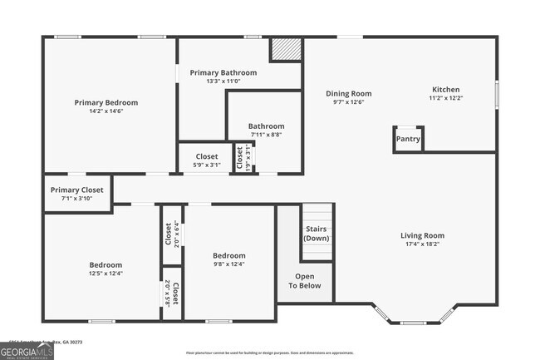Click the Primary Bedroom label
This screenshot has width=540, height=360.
click(106, 103)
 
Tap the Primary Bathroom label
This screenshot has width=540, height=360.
click(223, 72)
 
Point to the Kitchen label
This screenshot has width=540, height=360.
click(445, 90)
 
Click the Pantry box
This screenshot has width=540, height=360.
click(408, 140)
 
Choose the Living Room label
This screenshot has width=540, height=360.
click(422, 235)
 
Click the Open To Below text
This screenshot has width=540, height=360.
click(305, 281)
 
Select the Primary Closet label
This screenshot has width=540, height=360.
click(76, 190)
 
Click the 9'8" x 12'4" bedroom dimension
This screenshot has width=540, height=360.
click(228, 264)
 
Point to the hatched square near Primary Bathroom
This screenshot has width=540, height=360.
click(285, 49)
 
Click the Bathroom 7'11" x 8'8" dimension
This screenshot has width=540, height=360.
click(267, 135)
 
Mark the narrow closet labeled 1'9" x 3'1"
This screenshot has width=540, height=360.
click(240, 158)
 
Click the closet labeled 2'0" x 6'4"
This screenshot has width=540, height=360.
click(170, 234)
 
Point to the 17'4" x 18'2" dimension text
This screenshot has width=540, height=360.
click(422, 244)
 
